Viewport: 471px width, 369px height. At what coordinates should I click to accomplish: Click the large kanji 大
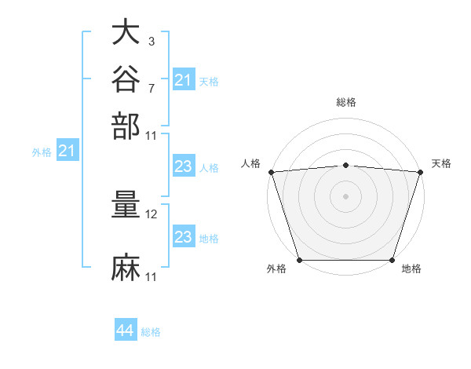click(x=126, y=31)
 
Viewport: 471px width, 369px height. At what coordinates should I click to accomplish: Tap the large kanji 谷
click(x=126, y=79)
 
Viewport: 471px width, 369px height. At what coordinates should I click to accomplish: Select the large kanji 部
click(x=126, y=126)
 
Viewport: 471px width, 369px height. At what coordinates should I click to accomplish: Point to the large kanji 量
click(x=126, y=204)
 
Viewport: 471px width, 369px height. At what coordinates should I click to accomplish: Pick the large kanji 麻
click(x=126, y=268)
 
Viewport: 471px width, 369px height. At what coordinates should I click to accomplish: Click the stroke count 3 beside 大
click(x=152, y=41)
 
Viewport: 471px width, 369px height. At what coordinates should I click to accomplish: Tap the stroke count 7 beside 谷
click(x=152, y=89)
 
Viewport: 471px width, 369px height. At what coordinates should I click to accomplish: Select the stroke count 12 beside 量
click(x=151, y=214)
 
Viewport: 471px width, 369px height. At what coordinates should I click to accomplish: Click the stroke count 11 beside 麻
click(x=151, y=277)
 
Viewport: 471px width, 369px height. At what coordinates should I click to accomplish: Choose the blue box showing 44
click(x=126, y=329)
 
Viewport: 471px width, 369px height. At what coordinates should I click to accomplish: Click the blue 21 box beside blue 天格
click(x=184, y=79)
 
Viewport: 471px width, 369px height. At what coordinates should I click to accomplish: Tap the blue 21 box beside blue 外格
click(x=68, y=150)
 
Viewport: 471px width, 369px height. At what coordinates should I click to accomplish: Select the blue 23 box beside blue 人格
click(x=184, y=166)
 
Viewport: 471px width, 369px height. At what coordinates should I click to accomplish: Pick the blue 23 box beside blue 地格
click(x=184, y=236)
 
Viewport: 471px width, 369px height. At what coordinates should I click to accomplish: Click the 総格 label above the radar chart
click(x=346, y=102)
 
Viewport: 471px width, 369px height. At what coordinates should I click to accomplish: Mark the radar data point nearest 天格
click(x=421, y=172)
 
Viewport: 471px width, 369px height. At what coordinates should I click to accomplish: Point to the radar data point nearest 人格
click(x=272, y=172)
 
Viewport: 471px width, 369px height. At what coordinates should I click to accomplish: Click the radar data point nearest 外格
click(x=300, y=260)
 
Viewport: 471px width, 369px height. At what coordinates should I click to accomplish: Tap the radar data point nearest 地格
click(x=392, y=260)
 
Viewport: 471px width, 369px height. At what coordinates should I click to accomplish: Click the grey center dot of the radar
click(x=345, y=196)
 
